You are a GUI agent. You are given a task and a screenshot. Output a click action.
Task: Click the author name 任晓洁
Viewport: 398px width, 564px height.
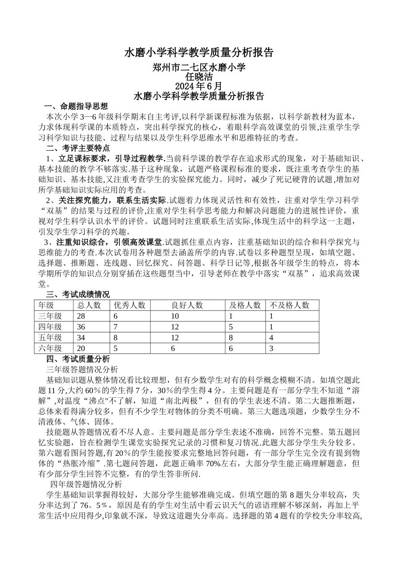click(199, 77)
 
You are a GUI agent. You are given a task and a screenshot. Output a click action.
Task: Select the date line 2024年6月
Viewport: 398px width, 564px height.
click(199, 86)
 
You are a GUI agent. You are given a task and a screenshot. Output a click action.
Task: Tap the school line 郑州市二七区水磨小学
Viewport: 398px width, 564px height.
click(199, 67)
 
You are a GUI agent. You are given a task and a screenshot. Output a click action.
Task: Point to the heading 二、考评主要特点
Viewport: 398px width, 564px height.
click(78, 148)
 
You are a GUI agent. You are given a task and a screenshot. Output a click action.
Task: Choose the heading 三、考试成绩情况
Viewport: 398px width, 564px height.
click(78, 294)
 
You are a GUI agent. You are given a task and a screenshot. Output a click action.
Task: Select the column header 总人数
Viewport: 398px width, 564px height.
click(89, 305)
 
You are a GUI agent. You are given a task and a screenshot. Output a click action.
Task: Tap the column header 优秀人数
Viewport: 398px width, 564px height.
click(129, 305)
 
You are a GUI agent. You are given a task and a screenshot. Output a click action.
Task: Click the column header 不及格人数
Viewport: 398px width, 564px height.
click(289, 305)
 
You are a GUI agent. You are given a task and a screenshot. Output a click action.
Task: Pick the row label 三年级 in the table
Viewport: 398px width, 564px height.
click(50, 316)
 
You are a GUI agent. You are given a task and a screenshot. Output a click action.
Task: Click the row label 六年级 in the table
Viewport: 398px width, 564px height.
click(50, 348)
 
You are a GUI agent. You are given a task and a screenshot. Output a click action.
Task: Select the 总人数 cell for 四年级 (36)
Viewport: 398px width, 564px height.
click(81, 327)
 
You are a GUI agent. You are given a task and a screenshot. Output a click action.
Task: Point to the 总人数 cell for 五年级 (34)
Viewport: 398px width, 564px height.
click(81, 337)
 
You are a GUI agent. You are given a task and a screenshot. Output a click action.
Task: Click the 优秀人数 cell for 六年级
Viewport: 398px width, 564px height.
click(116, 348)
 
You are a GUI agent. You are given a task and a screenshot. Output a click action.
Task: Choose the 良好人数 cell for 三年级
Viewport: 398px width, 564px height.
click(175, 316)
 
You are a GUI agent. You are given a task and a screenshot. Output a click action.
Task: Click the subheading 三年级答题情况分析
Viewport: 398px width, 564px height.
click(82, 370)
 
